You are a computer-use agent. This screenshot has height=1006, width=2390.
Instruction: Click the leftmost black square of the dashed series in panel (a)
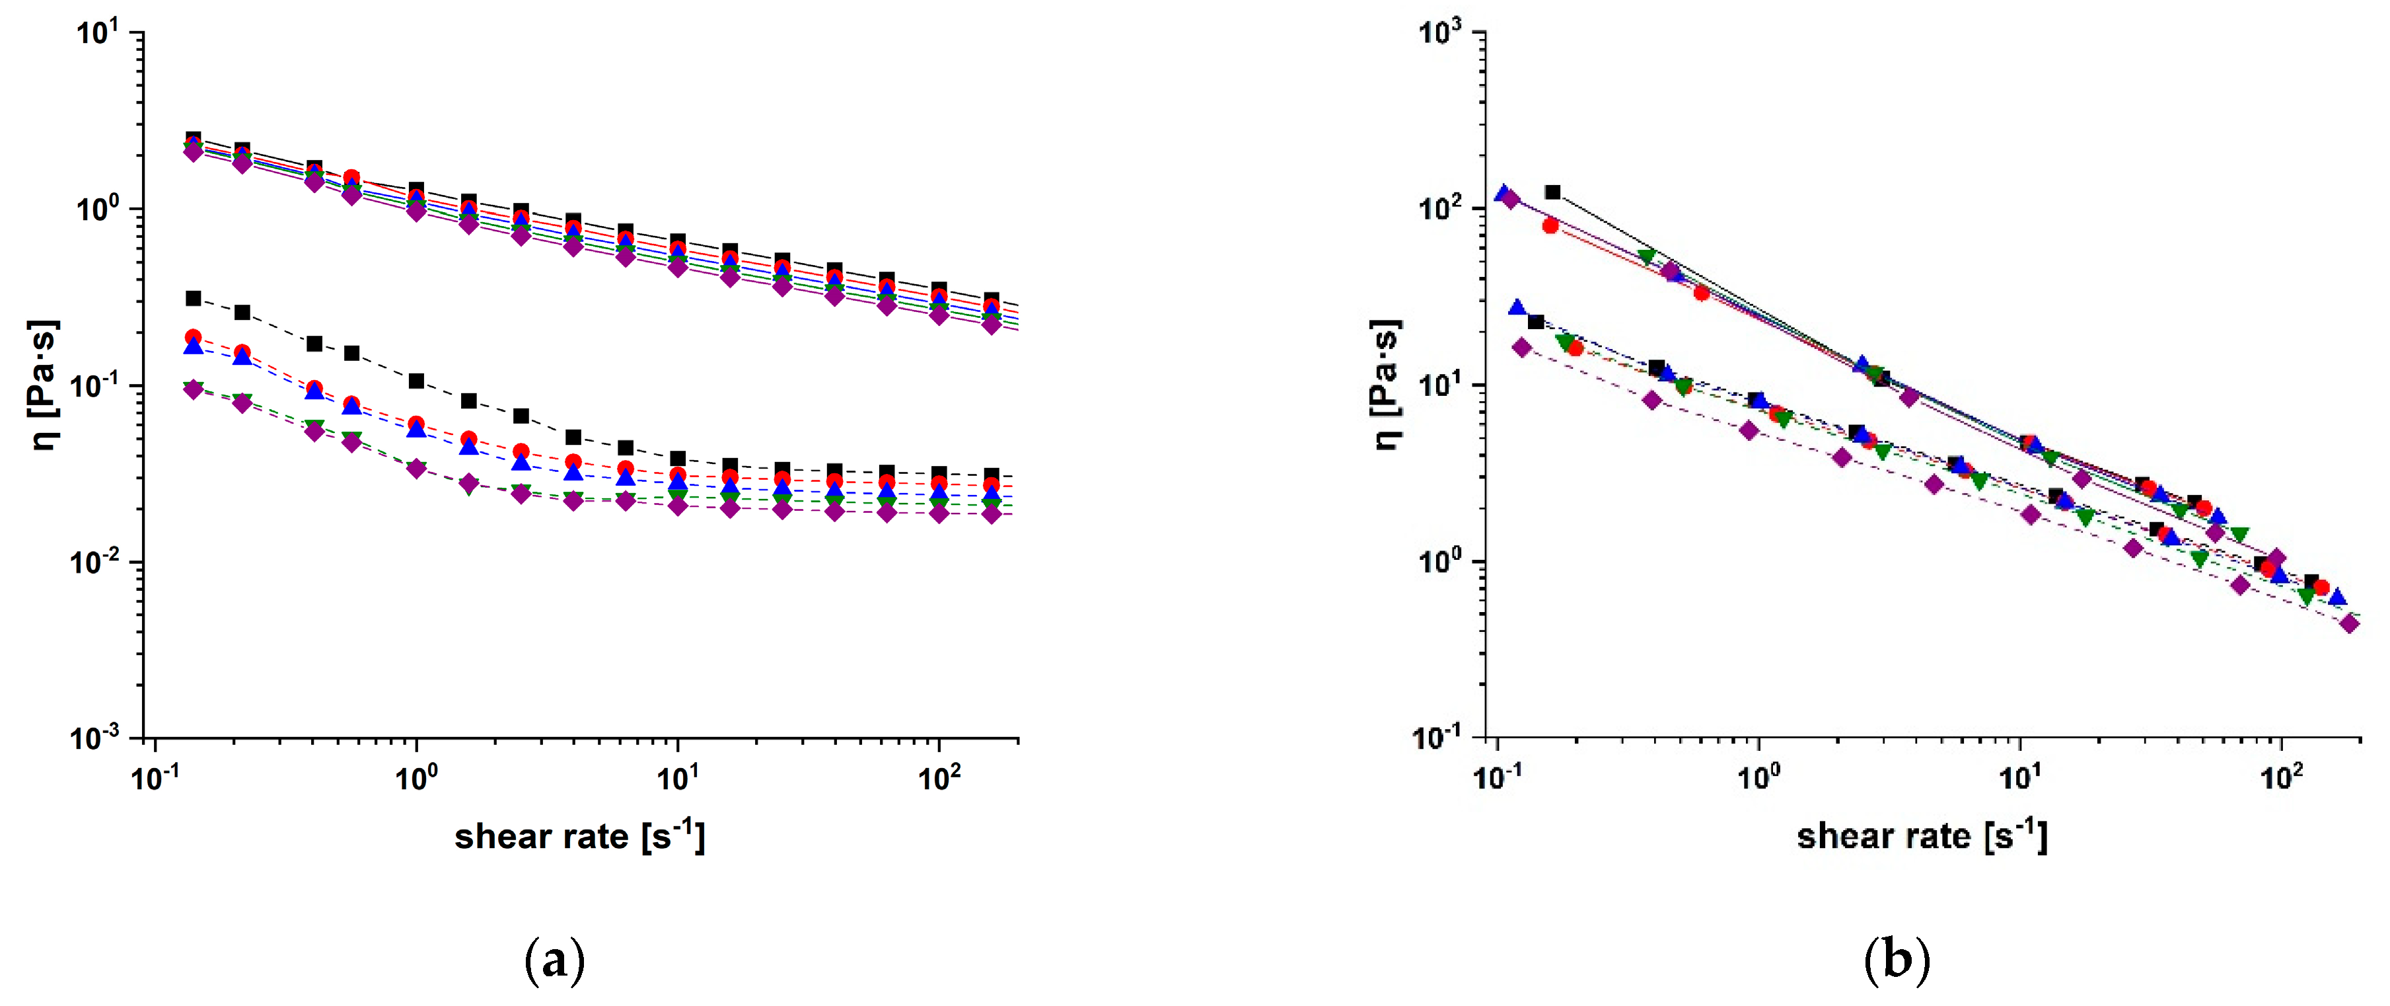(193, 299)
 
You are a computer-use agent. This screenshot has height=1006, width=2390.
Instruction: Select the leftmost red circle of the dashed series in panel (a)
(193, 337)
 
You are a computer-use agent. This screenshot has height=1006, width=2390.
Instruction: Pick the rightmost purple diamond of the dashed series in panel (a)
(991, 514)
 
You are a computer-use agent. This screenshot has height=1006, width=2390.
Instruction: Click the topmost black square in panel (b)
(1552, 193)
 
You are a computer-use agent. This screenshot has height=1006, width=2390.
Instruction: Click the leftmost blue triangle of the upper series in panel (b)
(1503, 194)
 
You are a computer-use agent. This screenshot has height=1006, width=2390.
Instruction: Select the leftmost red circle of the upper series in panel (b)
(1550, 225)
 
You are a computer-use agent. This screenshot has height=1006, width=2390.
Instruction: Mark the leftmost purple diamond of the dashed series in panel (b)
(1521, 347)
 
